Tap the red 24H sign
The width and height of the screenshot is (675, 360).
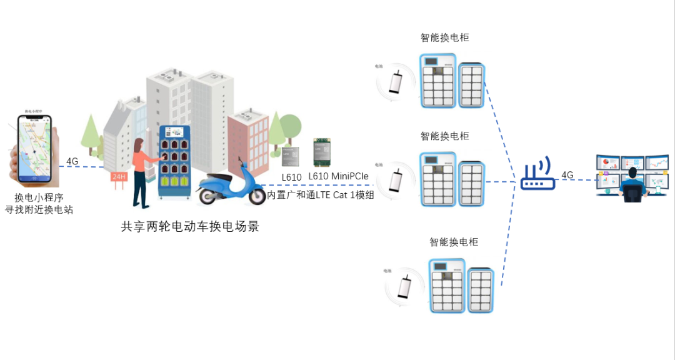click(x=119, y=177)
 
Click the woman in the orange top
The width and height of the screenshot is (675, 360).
click(x=141, y=172)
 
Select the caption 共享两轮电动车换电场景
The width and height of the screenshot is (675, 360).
click(x=190, y=227)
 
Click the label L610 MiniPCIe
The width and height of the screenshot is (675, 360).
click(x=337, y=177)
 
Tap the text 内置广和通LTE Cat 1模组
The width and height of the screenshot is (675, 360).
click(x=321, y=195)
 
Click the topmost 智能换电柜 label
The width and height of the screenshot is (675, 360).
click(x=444, y=37)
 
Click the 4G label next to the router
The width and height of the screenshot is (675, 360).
click(x=567, y=175)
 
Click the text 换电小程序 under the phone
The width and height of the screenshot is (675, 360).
click(x=39, y=197)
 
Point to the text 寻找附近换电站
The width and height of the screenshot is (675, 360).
click(x=39, y=210)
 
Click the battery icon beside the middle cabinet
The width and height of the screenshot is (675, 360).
click(x=396, y=179)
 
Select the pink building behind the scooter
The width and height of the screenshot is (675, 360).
click(x=247, y=141)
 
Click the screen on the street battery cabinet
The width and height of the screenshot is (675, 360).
click(x=174, y=133)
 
